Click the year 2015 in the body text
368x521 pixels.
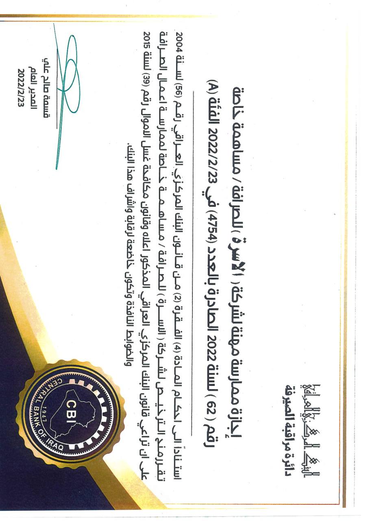(x=144, y=40)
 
